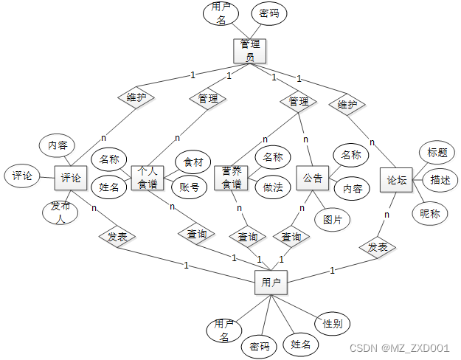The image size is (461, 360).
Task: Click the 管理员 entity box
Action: (249, 50)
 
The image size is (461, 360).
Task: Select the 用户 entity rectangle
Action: (271, 282)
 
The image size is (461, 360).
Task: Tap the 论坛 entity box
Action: (397, 180)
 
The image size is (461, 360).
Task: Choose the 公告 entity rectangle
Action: (313, 178)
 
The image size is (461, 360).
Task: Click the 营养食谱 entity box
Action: (231, 177)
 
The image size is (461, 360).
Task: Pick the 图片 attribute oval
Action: (331, 219)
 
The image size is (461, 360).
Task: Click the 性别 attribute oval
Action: (332, 323)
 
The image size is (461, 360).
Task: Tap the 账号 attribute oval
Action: (190, 187)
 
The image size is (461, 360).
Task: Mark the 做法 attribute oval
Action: (272, 187)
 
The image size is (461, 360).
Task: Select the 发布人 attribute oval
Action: (60, 212)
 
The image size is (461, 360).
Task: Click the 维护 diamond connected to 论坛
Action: (347, 104)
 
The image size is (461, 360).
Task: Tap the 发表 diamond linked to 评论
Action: (117, 237)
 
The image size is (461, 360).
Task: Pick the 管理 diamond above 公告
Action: (299, 101)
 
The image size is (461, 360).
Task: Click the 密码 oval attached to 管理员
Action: (268, 13)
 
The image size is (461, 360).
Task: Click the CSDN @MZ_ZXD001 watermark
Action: (399, 347)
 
